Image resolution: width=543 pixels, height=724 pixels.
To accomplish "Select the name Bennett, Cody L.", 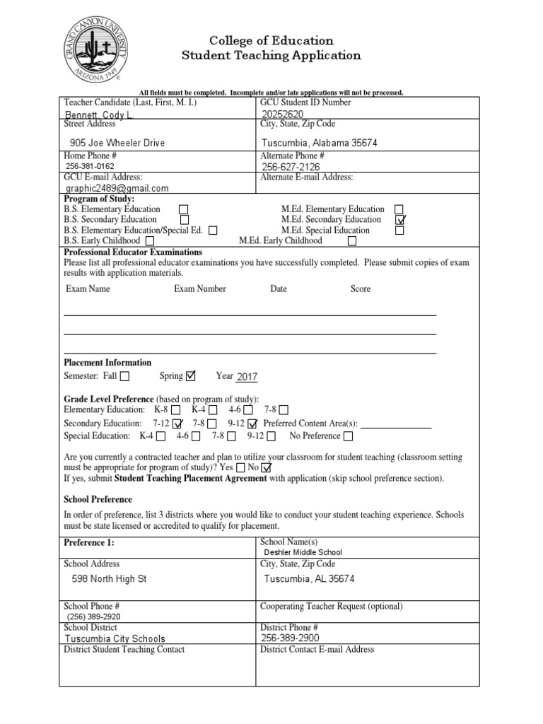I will click(98, 114).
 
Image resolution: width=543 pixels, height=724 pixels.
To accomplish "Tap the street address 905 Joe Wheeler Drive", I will click(117, 143).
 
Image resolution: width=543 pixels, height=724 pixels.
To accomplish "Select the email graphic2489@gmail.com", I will click(117, 189).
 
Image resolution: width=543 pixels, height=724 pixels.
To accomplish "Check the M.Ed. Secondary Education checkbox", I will click(400, 220).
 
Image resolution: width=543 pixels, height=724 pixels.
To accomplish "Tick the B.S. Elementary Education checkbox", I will click(184, 209).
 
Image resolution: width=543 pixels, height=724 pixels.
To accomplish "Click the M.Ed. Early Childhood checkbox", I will click(352, 241).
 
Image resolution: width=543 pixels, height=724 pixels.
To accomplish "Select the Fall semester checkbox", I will click(125, 376).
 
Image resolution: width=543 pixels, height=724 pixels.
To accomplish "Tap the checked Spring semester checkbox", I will click(190, 375).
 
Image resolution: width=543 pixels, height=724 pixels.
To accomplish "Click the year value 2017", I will click(247, 377).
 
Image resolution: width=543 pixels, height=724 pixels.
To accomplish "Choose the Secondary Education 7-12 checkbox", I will click(177, 423).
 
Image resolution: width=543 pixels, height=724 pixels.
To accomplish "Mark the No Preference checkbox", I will click(349, 436).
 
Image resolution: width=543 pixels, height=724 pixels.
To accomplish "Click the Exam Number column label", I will click(200, 289).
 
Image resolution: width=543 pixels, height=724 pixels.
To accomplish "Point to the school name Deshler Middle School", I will click(303, 552).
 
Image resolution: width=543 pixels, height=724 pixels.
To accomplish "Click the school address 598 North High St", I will click(110, 578).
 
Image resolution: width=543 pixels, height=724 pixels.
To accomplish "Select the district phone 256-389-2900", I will click(290, 638).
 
